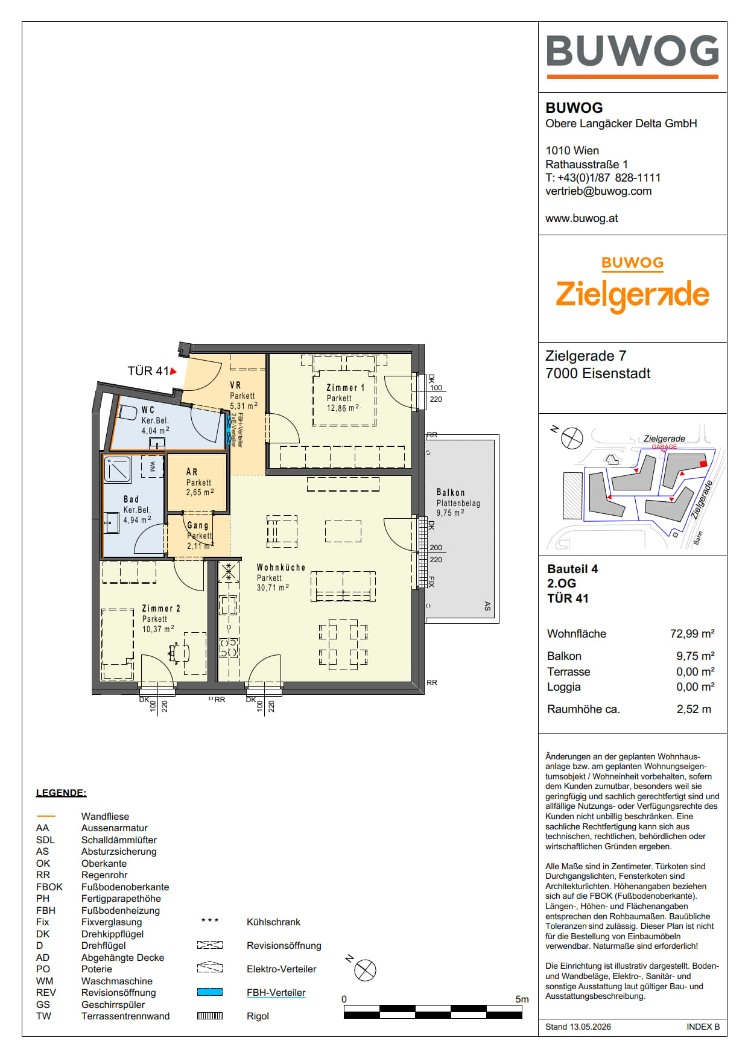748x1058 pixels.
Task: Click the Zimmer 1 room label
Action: point(345,388)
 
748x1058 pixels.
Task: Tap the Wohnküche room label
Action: point(281,568)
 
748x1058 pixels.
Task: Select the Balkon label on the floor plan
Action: point(451,493)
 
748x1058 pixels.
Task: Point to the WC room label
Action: point(148,410)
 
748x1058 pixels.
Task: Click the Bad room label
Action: point(131,499)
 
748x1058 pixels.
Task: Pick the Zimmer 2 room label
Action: point(161,609)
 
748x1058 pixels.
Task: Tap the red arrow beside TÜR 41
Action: point(174,372)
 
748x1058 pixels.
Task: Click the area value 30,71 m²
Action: point(273,588)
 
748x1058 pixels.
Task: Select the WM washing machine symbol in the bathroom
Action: point(152,466)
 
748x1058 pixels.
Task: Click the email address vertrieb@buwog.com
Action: point(598,191)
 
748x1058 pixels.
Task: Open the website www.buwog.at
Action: point(582,218)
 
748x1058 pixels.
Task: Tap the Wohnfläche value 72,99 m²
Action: point(692,633)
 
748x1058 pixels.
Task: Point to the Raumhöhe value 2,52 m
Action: point(694,709)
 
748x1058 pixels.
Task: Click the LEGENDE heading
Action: point(61,793)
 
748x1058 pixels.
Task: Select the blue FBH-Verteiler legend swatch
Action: point(210,992)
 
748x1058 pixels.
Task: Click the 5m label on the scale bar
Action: point(522,999)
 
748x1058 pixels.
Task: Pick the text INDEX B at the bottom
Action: point(703,1027)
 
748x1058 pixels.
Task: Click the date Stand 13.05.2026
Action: point(578,1027)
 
